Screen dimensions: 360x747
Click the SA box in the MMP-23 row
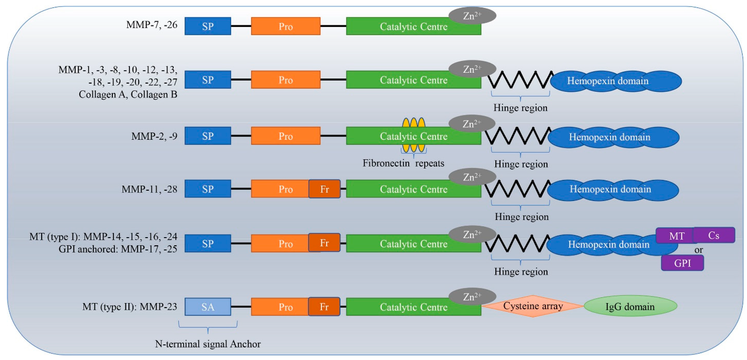(208, 307)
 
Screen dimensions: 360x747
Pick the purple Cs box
(714, 235)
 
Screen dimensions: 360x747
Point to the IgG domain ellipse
(630, 306)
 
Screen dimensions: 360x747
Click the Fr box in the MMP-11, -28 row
(324, 189)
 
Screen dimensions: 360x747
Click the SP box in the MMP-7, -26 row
(208, 26)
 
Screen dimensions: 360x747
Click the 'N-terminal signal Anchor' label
(208, 344)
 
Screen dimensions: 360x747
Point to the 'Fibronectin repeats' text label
(403, 163)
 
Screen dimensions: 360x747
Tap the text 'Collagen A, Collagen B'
(128, 94)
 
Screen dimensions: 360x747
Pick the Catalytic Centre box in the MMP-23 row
(414, 307)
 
